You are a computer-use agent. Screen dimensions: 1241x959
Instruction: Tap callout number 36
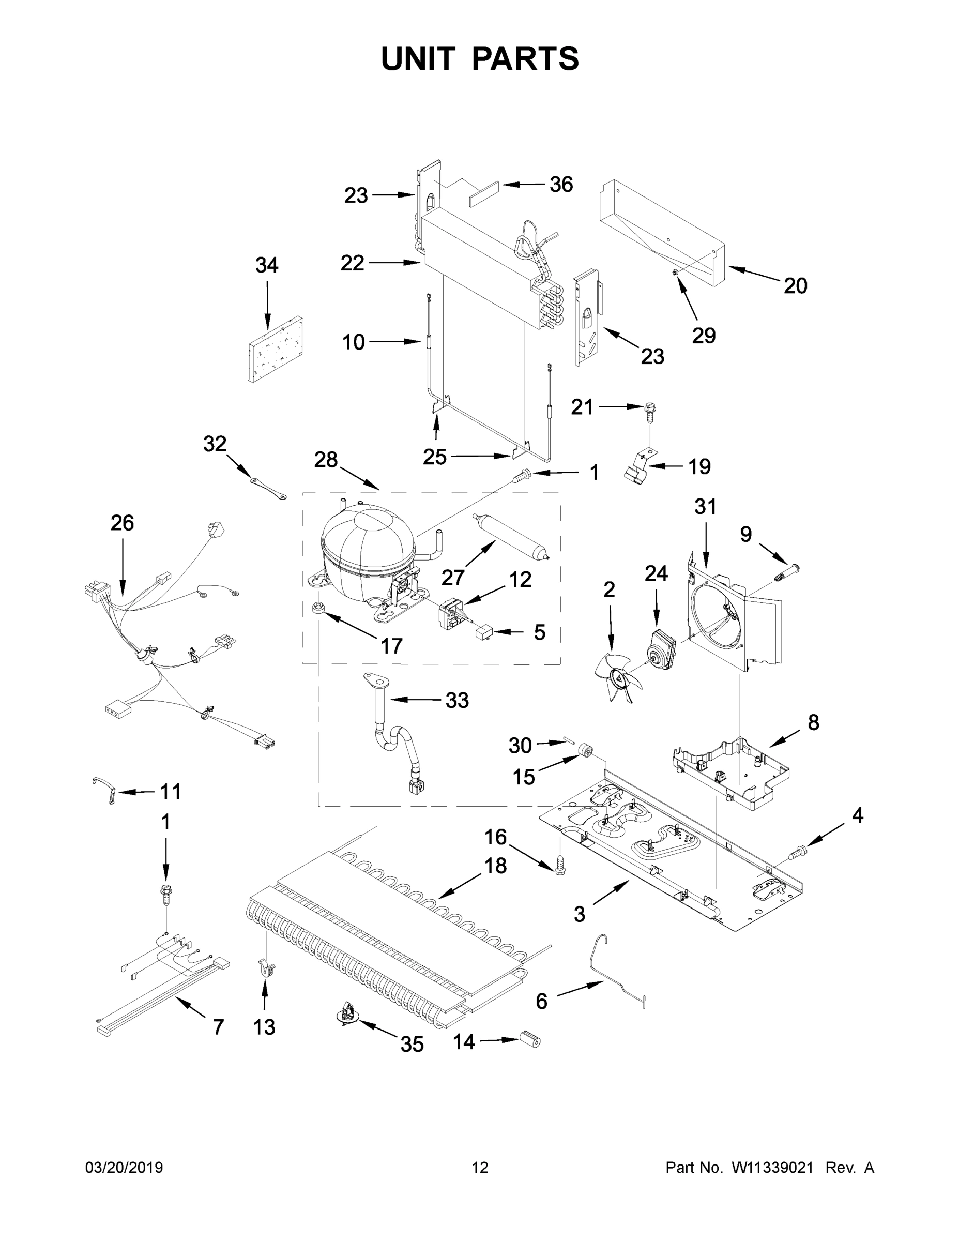(x=561, y=185)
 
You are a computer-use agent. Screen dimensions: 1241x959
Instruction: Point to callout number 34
(x=266, y=265)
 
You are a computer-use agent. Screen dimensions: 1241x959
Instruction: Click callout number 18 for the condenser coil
(x=495, y=866)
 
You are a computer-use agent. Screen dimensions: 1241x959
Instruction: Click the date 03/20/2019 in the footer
(x=124, y=1168)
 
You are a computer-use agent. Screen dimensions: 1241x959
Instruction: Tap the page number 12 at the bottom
(x=480, y=1168)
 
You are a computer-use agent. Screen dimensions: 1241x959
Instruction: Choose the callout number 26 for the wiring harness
(x=122, y=523)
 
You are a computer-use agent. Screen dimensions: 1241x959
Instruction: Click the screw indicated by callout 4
(x=798, y=867)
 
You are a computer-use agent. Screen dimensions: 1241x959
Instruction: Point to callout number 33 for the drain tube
(x=457, y=701)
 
